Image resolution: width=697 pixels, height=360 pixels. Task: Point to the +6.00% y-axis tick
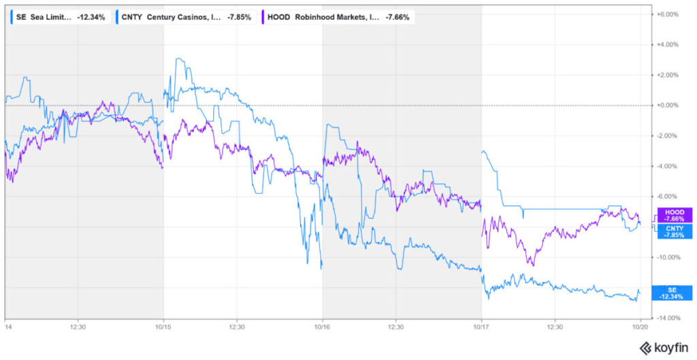(x=668, y=14)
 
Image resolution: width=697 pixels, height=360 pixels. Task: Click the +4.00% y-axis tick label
(x=668, y=44)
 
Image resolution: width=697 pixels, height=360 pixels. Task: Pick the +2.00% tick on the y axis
(x=668, y=75)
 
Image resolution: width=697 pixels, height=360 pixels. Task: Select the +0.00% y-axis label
(x=668, y=105)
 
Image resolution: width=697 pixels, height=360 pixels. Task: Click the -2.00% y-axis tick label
(x=668, y=135)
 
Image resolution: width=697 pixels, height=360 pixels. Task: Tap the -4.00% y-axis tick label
(x=668, y=166)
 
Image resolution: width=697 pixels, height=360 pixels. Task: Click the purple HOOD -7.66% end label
(x=673, y=215)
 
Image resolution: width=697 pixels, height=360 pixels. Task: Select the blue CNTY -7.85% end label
(x=673, y=231)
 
